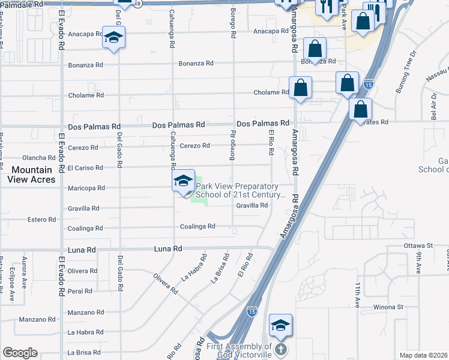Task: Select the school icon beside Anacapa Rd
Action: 112,39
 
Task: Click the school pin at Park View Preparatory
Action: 183,182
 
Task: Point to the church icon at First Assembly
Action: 281,348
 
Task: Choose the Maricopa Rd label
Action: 85,188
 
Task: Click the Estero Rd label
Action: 42,220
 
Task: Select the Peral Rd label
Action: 80,291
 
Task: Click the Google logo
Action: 20,353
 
